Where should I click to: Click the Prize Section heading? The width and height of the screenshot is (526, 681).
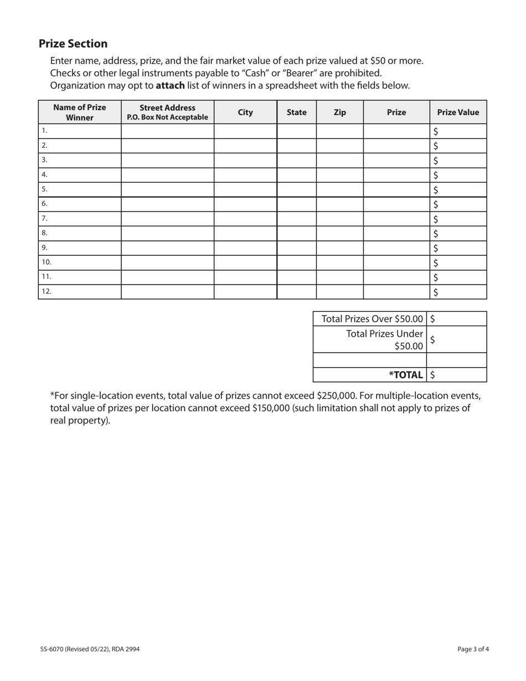coord(73,44)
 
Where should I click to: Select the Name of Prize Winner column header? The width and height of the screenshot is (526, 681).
coord(80,112)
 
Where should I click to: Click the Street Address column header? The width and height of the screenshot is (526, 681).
coord(167,112)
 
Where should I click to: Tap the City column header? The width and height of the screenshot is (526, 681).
coord(245,112)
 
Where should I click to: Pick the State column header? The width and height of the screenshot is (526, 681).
coord(297,112)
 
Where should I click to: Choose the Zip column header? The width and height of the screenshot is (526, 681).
coord(340,112)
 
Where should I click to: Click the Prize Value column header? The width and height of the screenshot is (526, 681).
coord(458,112)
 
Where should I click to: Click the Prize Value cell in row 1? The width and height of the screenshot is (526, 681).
coord(458,131)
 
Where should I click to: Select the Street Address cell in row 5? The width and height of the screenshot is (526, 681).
coord(167,189)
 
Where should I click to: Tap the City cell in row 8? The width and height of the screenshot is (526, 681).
coord(245,233)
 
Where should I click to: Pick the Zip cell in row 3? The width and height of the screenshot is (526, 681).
coord(340,161)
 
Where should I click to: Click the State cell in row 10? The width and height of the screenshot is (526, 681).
coord(297,262)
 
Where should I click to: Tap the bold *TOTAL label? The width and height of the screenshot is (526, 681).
coord(406,375)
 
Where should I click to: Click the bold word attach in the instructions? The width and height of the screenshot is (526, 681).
coord(170,85)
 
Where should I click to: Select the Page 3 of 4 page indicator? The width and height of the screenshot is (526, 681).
coord(473,649)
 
